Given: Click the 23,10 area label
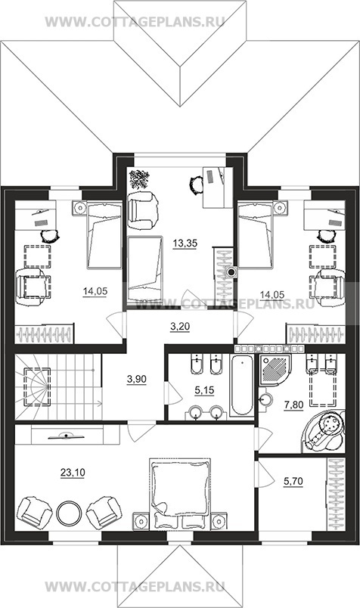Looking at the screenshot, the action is pyautogui.click(x=73, y=473).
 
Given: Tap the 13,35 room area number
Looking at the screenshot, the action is pyautogui.click(x=185, y=244).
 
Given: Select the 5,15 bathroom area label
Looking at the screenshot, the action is pyautogui.click(x=204, y=390).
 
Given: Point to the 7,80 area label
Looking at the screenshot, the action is pyautogui.click(x=294, y=405).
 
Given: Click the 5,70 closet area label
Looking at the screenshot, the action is pyautogui.click(x=293, y=482).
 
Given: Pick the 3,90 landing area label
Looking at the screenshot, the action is pyautogui.click(x=137, y=378).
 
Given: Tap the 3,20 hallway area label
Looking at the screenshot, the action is pyautogui.click(x=180, y=327).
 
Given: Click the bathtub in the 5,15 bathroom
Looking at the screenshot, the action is pyautogui.click(x=242, y=386).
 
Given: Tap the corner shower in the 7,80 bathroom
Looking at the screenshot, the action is pyautogui.click(x=275, y=370).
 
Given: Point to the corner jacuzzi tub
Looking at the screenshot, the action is pyautogui.click(x=324, y=431).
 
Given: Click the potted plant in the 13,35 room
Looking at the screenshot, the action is pyautogui.click(x=139, y=178).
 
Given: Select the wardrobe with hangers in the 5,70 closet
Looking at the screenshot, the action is pyautogui.click(x=336, y=495).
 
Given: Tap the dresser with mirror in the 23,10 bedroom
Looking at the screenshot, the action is pyautogui.click(x=67, y=435).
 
